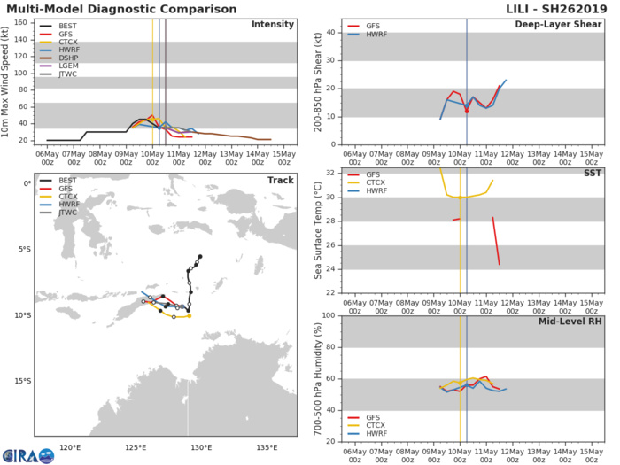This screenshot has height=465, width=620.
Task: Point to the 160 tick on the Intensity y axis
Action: (27, 23)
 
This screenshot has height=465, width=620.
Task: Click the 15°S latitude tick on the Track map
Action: (22, 382)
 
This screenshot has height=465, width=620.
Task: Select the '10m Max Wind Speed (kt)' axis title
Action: (8, 81)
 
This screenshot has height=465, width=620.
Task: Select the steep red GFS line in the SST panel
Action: (496, 240)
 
